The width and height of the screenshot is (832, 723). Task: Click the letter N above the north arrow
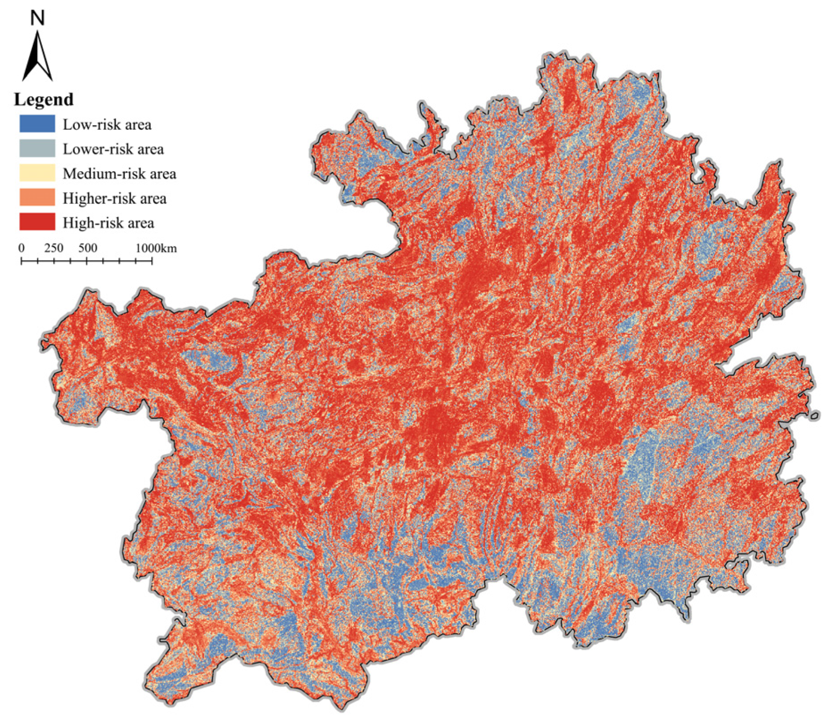pos(37,18)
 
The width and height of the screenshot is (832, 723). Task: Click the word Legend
pos(44,99)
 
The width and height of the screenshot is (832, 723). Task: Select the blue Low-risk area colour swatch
pos(37,123)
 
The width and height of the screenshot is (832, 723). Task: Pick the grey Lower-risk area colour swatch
pos(37,148)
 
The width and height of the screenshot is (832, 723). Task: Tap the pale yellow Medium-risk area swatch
pos(37,173)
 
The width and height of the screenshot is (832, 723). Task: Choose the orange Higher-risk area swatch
pos(37,197)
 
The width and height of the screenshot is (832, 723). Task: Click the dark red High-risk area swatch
pos(37,222)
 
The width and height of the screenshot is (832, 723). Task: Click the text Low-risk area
pos(107,125)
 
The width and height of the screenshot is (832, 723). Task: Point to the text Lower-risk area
pos(113,149)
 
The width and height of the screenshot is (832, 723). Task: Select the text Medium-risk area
pos(119,174)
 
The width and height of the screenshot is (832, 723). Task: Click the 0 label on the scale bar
pos(21,248)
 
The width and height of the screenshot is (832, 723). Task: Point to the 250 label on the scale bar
pos(54,248)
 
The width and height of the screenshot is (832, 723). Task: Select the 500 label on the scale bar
pos(87,248)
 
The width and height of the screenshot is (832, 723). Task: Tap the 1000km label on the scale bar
pos(156,248)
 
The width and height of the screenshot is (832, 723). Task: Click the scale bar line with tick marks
pos(86,261)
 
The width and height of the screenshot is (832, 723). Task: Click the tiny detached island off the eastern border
pos(815,415)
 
